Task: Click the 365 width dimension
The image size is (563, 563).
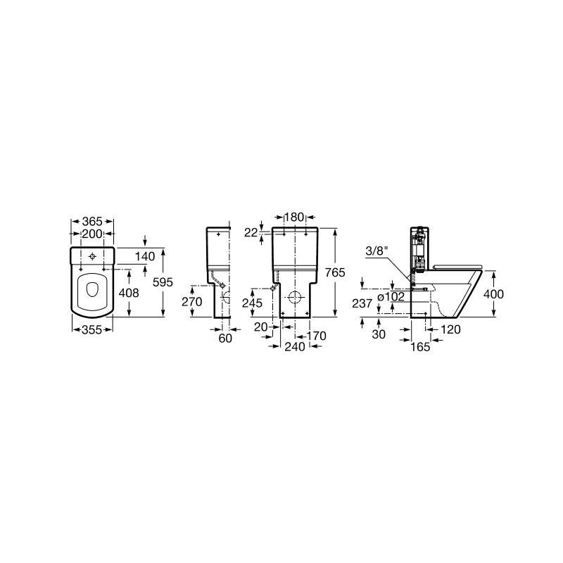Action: tap(92, 221)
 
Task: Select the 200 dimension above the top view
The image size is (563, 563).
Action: tap(92, 234)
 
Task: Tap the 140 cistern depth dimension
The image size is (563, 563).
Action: tap(145, 256)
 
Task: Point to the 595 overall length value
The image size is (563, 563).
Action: tap(163, 282)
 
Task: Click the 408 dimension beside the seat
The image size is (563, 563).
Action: tap(129, 293)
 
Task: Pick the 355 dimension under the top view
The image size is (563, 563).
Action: tap(92, 329)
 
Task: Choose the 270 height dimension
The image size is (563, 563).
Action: tap(192, 302)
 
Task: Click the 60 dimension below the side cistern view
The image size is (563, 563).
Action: tap(225, 338)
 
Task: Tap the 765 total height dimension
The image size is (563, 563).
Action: tap(335, 272)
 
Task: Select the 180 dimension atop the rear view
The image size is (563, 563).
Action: tap(294, 217)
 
